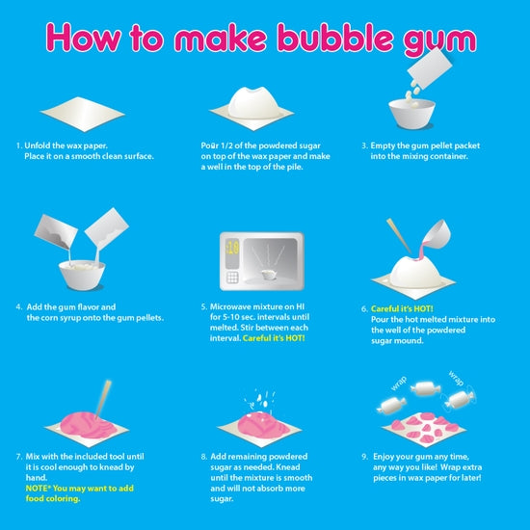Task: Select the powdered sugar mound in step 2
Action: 256,102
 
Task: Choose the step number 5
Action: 204,305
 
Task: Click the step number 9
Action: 364,455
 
